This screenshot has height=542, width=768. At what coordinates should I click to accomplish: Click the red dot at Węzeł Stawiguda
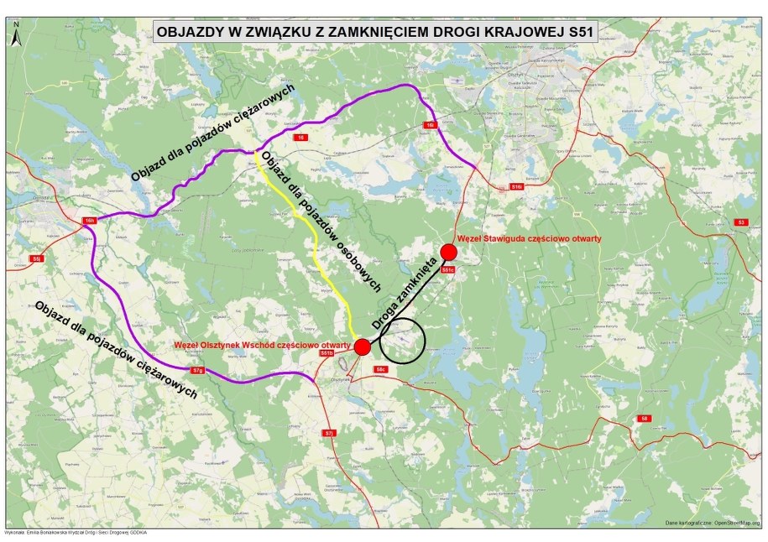[x=448, y=252]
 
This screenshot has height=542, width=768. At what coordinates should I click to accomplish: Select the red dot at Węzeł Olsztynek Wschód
[x=363, y=347]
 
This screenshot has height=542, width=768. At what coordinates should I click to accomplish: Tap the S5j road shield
[x=36, y=259]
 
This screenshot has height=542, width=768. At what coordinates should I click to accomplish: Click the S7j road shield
[x=329, y=433]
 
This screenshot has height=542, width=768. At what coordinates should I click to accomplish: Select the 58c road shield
[x=380, y=368]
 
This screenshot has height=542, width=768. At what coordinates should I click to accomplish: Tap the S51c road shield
[x=447, y=269]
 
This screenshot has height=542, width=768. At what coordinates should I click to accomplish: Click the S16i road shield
[x=516, y=185]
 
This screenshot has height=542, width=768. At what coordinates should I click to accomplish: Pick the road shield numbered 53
[x=739, y=222]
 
